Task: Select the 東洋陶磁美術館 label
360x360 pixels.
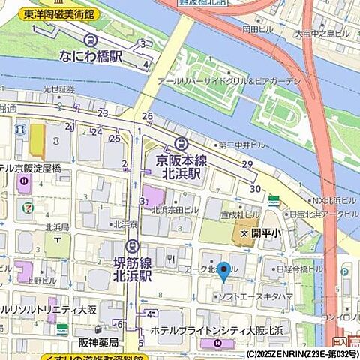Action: click(58, 13)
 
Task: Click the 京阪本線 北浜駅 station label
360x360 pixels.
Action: click(178, 166)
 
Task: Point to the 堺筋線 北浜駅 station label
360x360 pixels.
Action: click(132, 268)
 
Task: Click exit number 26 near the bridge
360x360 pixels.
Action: click(147, 116)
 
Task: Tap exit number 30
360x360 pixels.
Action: click(256, 189)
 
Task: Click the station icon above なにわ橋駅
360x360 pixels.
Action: click(91, 40)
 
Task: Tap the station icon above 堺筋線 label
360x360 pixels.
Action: click(132, 245)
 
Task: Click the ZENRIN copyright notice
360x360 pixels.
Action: click(301, 353)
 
